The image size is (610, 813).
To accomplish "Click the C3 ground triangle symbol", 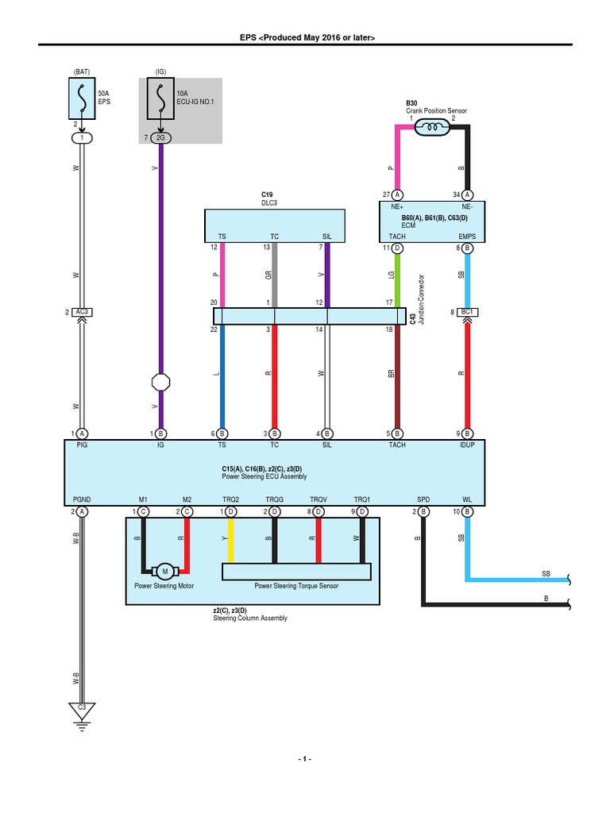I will click(81, 709).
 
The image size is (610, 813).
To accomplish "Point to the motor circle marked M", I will click(165, 571).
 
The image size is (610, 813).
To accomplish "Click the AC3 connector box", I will click(81, 312).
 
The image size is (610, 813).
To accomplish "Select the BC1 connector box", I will click(467, 312).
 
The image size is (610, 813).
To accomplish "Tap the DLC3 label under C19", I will click(270, 202).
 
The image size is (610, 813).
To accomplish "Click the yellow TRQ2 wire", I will click(230, 540).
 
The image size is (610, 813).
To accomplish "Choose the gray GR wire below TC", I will click(275, 274).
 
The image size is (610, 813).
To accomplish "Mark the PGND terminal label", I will click(81, 499).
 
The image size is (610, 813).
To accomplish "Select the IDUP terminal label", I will click(467, 445).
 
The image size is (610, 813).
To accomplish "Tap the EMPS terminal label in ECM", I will click(467, 237).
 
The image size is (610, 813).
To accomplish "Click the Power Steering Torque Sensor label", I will click(296, 586).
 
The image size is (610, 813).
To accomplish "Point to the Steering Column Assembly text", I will click(250, 618).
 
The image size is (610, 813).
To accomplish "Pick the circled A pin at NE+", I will click(398, 195).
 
